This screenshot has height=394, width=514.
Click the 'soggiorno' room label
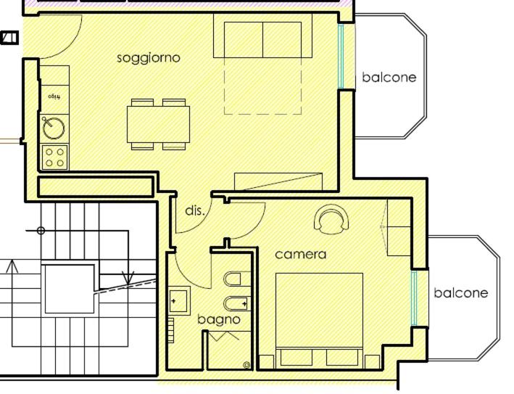pyautogui.click(x=149, y=57)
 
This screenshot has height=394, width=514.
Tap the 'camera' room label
pyautogui.click(x=300, y=255)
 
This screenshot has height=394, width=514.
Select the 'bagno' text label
pyautogui.click(x=218, y=319)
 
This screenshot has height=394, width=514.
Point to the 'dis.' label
pyautogui.click(x=195, y=211)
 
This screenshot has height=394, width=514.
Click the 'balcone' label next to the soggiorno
pyautogui.click(x=389, y=77)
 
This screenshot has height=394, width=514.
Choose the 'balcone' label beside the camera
pyautogui.click(x=460, y=293)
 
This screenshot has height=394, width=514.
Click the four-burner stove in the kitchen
pyautogui.click(x=54, y=157)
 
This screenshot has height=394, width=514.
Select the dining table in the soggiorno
pyautogui.click(x=158, y=124)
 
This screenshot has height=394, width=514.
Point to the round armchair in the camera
pyautogui.click(x=331, y=219)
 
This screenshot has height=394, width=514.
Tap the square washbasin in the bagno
pyautogui.click(x=178, y=300)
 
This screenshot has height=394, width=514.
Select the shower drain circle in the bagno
pyautogui.click(x=246, y=364)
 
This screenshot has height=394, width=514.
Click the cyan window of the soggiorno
pyautogui.click(x=341, y=57)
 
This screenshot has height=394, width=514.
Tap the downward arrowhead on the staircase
pyautogui.click(x=128, y=277)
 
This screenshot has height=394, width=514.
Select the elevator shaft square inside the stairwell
pyautogui.click(x=69, y=288)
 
